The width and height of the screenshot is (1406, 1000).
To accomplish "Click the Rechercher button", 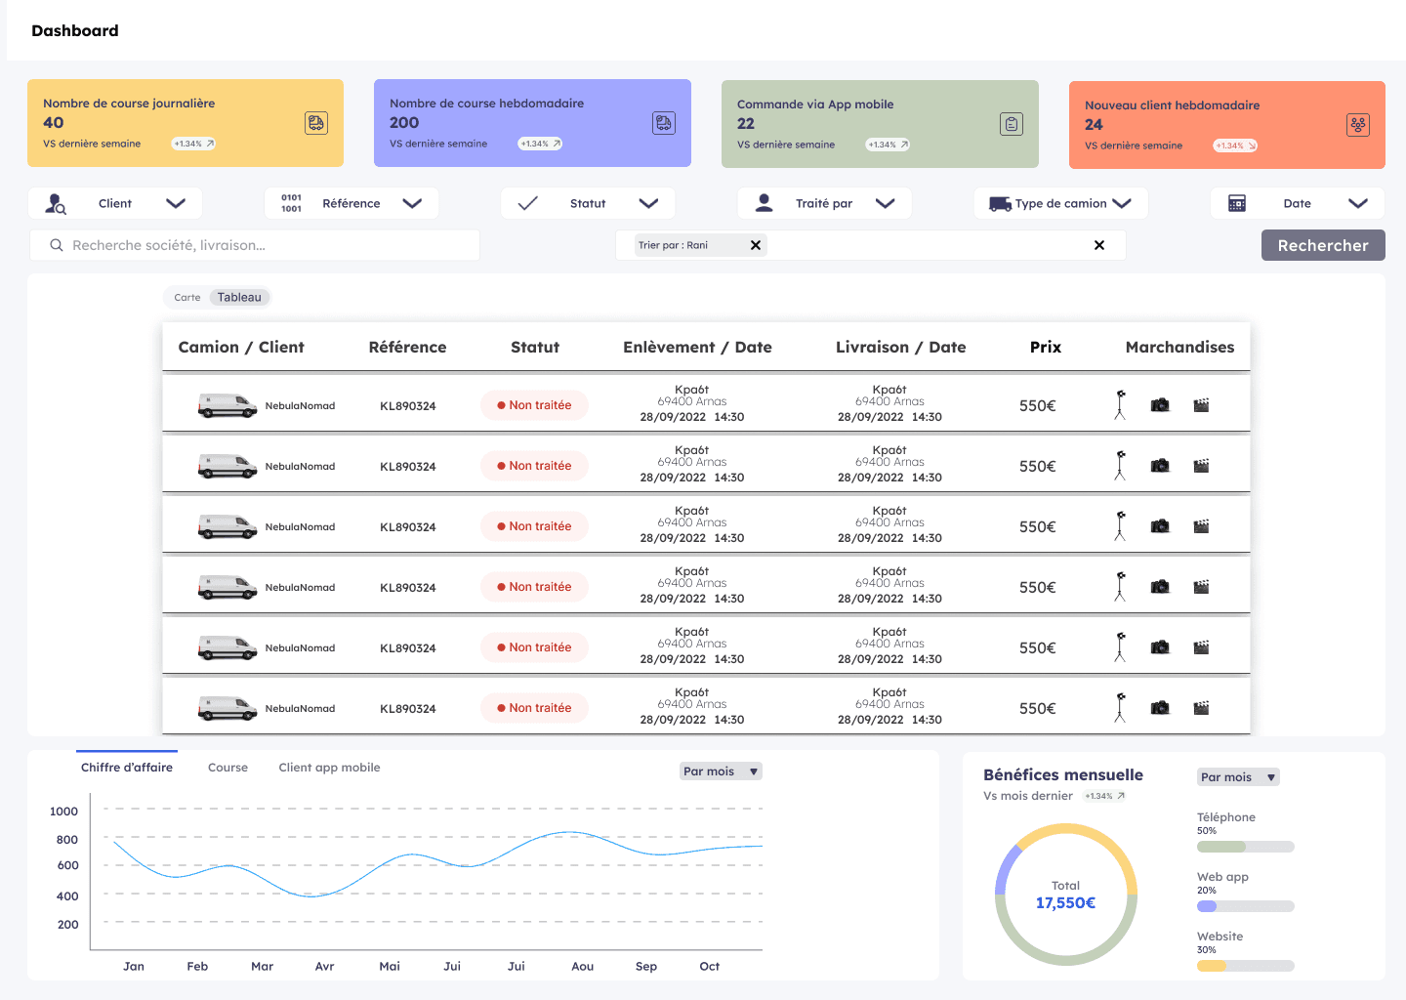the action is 1322,245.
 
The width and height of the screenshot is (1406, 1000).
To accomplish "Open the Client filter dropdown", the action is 115,203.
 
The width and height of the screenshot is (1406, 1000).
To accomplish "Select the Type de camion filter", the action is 1060,203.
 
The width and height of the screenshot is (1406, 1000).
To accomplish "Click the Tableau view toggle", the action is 239,298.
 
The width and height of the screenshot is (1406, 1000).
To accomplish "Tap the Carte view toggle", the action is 187,298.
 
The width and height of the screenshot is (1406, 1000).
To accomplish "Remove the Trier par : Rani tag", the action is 756,245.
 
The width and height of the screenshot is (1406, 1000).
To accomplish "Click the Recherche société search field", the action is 255,245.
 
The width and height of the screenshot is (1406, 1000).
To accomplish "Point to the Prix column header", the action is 1045,347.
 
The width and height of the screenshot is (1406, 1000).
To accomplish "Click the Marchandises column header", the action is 1179,347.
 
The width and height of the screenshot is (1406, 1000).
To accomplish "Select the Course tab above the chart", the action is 227,768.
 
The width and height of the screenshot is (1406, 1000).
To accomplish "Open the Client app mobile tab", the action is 329,768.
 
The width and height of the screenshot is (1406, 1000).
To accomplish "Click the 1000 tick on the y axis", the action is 64,812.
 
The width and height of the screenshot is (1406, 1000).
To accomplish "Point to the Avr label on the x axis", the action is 324,966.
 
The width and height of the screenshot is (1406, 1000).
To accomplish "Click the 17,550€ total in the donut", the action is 1065,902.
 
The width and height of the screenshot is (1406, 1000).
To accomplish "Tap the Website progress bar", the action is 1245,966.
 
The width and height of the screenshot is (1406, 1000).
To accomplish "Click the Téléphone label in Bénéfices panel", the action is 1226,816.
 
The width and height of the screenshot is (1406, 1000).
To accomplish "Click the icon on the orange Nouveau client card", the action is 1357,125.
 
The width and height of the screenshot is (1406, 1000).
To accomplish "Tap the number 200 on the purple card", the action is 404,122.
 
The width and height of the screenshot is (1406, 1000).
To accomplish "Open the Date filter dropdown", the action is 1298,203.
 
